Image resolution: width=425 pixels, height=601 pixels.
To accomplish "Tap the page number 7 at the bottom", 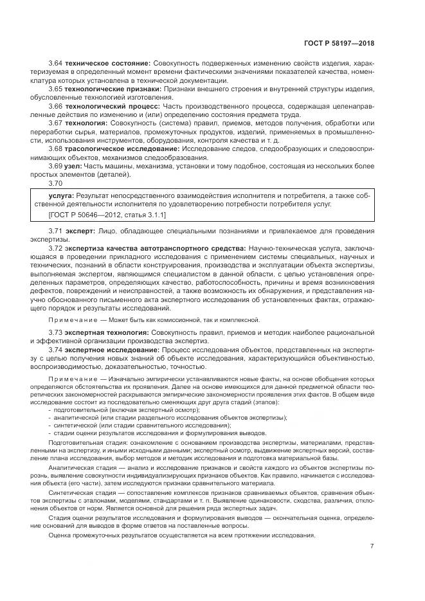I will pos(372,546).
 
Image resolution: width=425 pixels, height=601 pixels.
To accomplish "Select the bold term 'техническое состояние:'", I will pos(107,62).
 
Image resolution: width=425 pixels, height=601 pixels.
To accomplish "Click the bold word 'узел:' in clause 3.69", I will pos(73,166).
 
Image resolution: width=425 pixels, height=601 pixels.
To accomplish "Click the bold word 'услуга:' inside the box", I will pos(61,195).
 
